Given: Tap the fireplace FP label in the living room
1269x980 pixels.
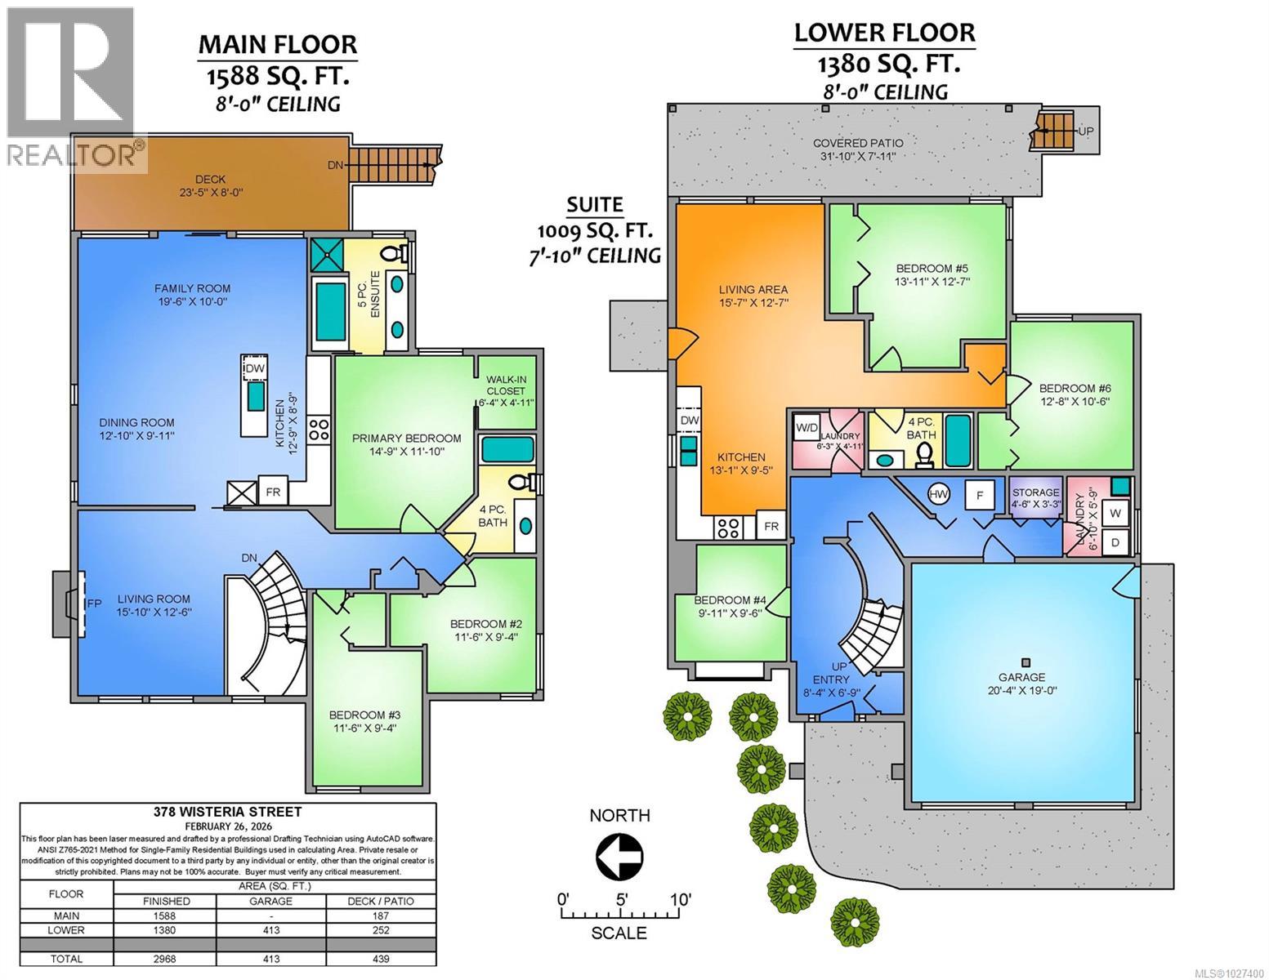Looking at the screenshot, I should click(x=95, y=604).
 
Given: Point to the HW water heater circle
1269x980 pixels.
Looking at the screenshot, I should click(x=939, y=494).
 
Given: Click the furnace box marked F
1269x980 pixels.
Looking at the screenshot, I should click(x=979, y=495).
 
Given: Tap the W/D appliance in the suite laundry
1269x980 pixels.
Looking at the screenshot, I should click(x=807, y=427).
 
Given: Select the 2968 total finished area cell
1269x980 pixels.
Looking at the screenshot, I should click(x=164, y=959).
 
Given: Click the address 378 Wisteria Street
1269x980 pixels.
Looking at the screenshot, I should click(x=228, y=812).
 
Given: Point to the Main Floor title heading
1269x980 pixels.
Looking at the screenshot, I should click(x=278, y=45).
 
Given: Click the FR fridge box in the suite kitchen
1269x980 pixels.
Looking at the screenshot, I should click(x=771, y=527).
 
